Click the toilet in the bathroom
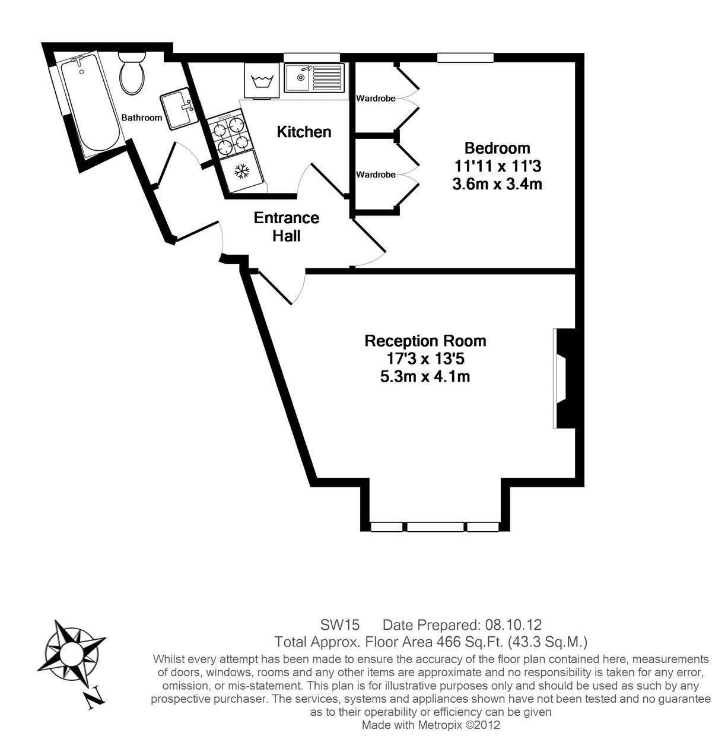tap(132, 74)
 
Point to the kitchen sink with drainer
tap(314, 78)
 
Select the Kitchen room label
tap(304, 132)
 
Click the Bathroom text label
tap(141, 118)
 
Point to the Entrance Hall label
tap(287, 227)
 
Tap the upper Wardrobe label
tap(376, 99)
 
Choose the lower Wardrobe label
tap(376, 175)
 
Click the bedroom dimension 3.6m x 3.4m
tap(497, 184)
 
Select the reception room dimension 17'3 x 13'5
tap(425, 359)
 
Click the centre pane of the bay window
tap(435, 527)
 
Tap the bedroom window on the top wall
tap(465, 58)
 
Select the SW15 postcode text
tap(339, 625)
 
